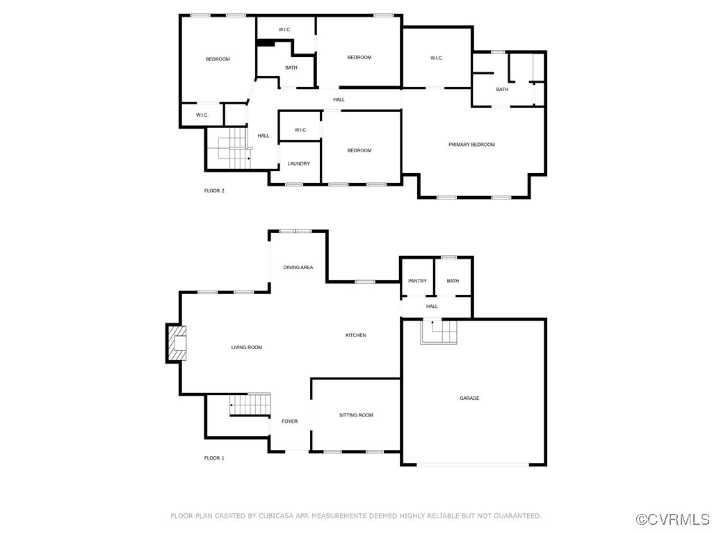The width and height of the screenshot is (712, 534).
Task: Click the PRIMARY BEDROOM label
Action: (471, 145)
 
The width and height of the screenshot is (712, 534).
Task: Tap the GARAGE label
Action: (469, 398)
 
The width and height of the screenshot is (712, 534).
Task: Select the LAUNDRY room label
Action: (299, 164)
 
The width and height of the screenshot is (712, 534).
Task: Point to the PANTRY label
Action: (417, 281)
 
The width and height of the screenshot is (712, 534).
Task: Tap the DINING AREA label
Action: (298, 267)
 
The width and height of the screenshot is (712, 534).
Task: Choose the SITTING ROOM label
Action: (356, 415)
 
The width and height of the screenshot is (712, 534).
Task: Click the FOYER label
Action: (289, 421)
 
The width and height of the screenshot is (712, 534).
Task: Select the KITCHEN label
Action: (355, 335)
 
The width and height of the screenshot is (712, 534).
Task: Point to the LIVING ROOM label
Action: (246, 347)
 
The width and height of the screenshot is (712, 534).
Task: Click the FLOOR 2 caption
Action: (214, 191)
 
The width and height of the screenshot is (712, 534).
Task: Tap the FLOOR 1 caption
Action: (214, 458)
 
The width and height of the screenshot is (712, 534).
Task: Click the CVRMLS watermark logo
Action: (673, 519)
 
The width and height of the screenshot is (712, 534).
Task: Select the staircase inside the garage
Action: (438, 332)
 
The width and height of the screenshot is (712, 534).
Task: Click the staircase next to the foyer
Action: (250, 404)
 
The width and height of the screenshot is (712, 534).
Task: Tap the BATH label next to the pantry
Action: (453, 281)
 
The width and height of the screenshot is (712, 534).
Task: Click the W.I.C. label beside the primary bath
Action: (436, 58)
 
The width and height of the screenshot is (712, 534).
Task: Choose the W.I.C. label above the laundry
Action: (300, 130)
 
